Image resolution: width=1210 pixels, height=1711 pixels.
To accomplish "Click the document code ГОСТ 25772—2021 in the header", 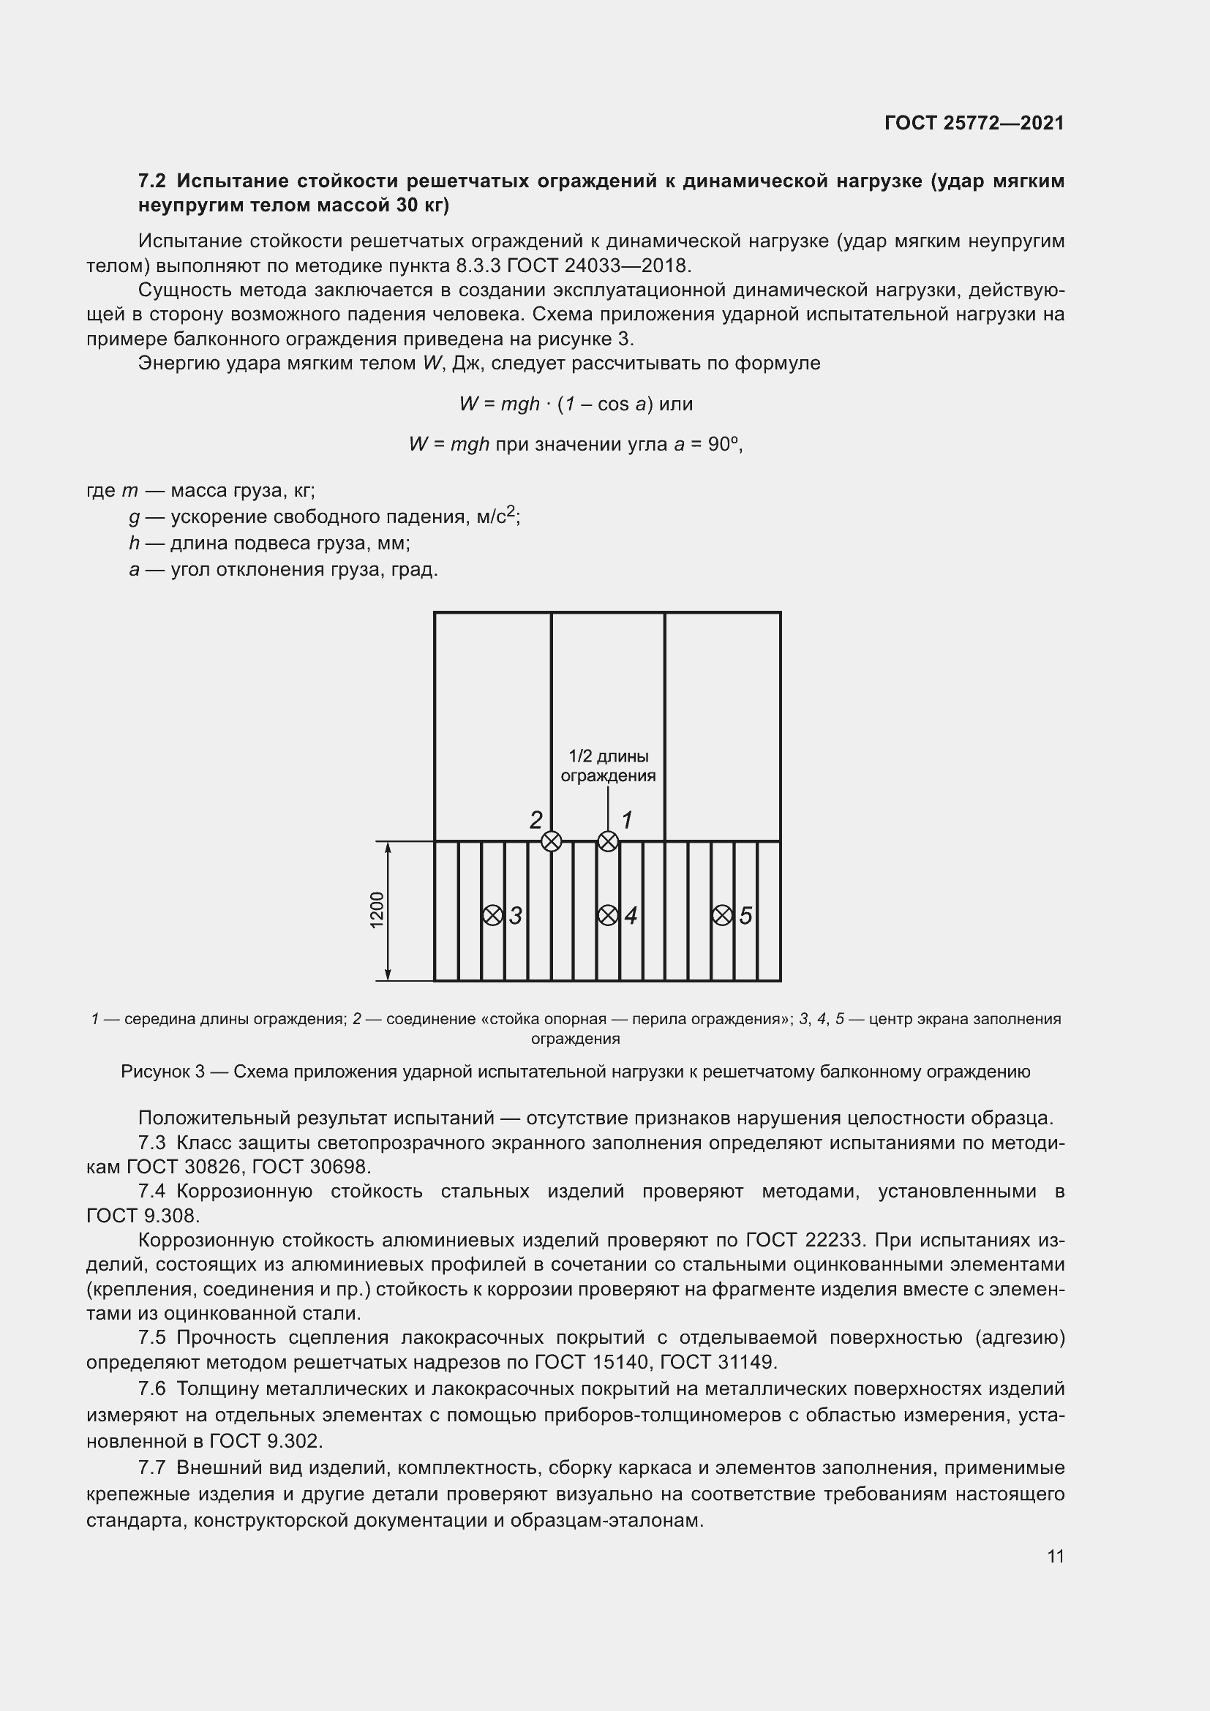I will (974, 123).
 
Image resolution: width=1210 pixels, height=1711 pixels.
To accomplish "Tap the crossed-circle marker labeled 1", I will (608, 841).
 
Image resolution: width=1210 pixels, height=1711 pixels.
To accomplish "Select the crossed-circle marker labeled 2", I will (551, 841).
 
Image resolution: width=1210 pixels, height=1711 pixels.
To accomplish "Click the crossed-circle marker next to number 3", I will (492, 915).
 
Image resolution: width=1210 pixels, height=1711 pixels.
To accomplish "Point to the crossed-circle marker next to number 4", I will (608, 915).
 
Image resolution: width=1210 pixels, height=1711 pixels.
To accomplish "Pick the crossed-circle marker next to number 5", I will (722, 915).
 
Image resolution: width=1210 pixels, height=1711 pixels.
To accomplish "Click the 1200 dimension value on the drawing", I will (377, 910).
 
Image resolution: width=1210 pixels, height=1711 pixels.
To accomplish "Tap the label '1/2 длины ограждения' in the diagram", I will (608, 766).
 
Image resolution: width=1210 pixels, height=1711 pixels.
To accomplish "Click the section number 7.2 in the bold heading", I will (152, 181).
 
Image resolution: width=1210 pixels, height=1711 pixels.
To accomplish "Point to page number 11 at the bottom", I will (1055, 1556).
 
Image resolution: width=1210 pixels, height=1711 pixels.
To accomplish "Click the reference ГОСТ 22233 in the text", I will (803, 1240).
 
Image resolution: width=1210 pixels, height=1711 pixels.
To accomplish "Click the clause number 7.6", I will (152, 1389).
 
